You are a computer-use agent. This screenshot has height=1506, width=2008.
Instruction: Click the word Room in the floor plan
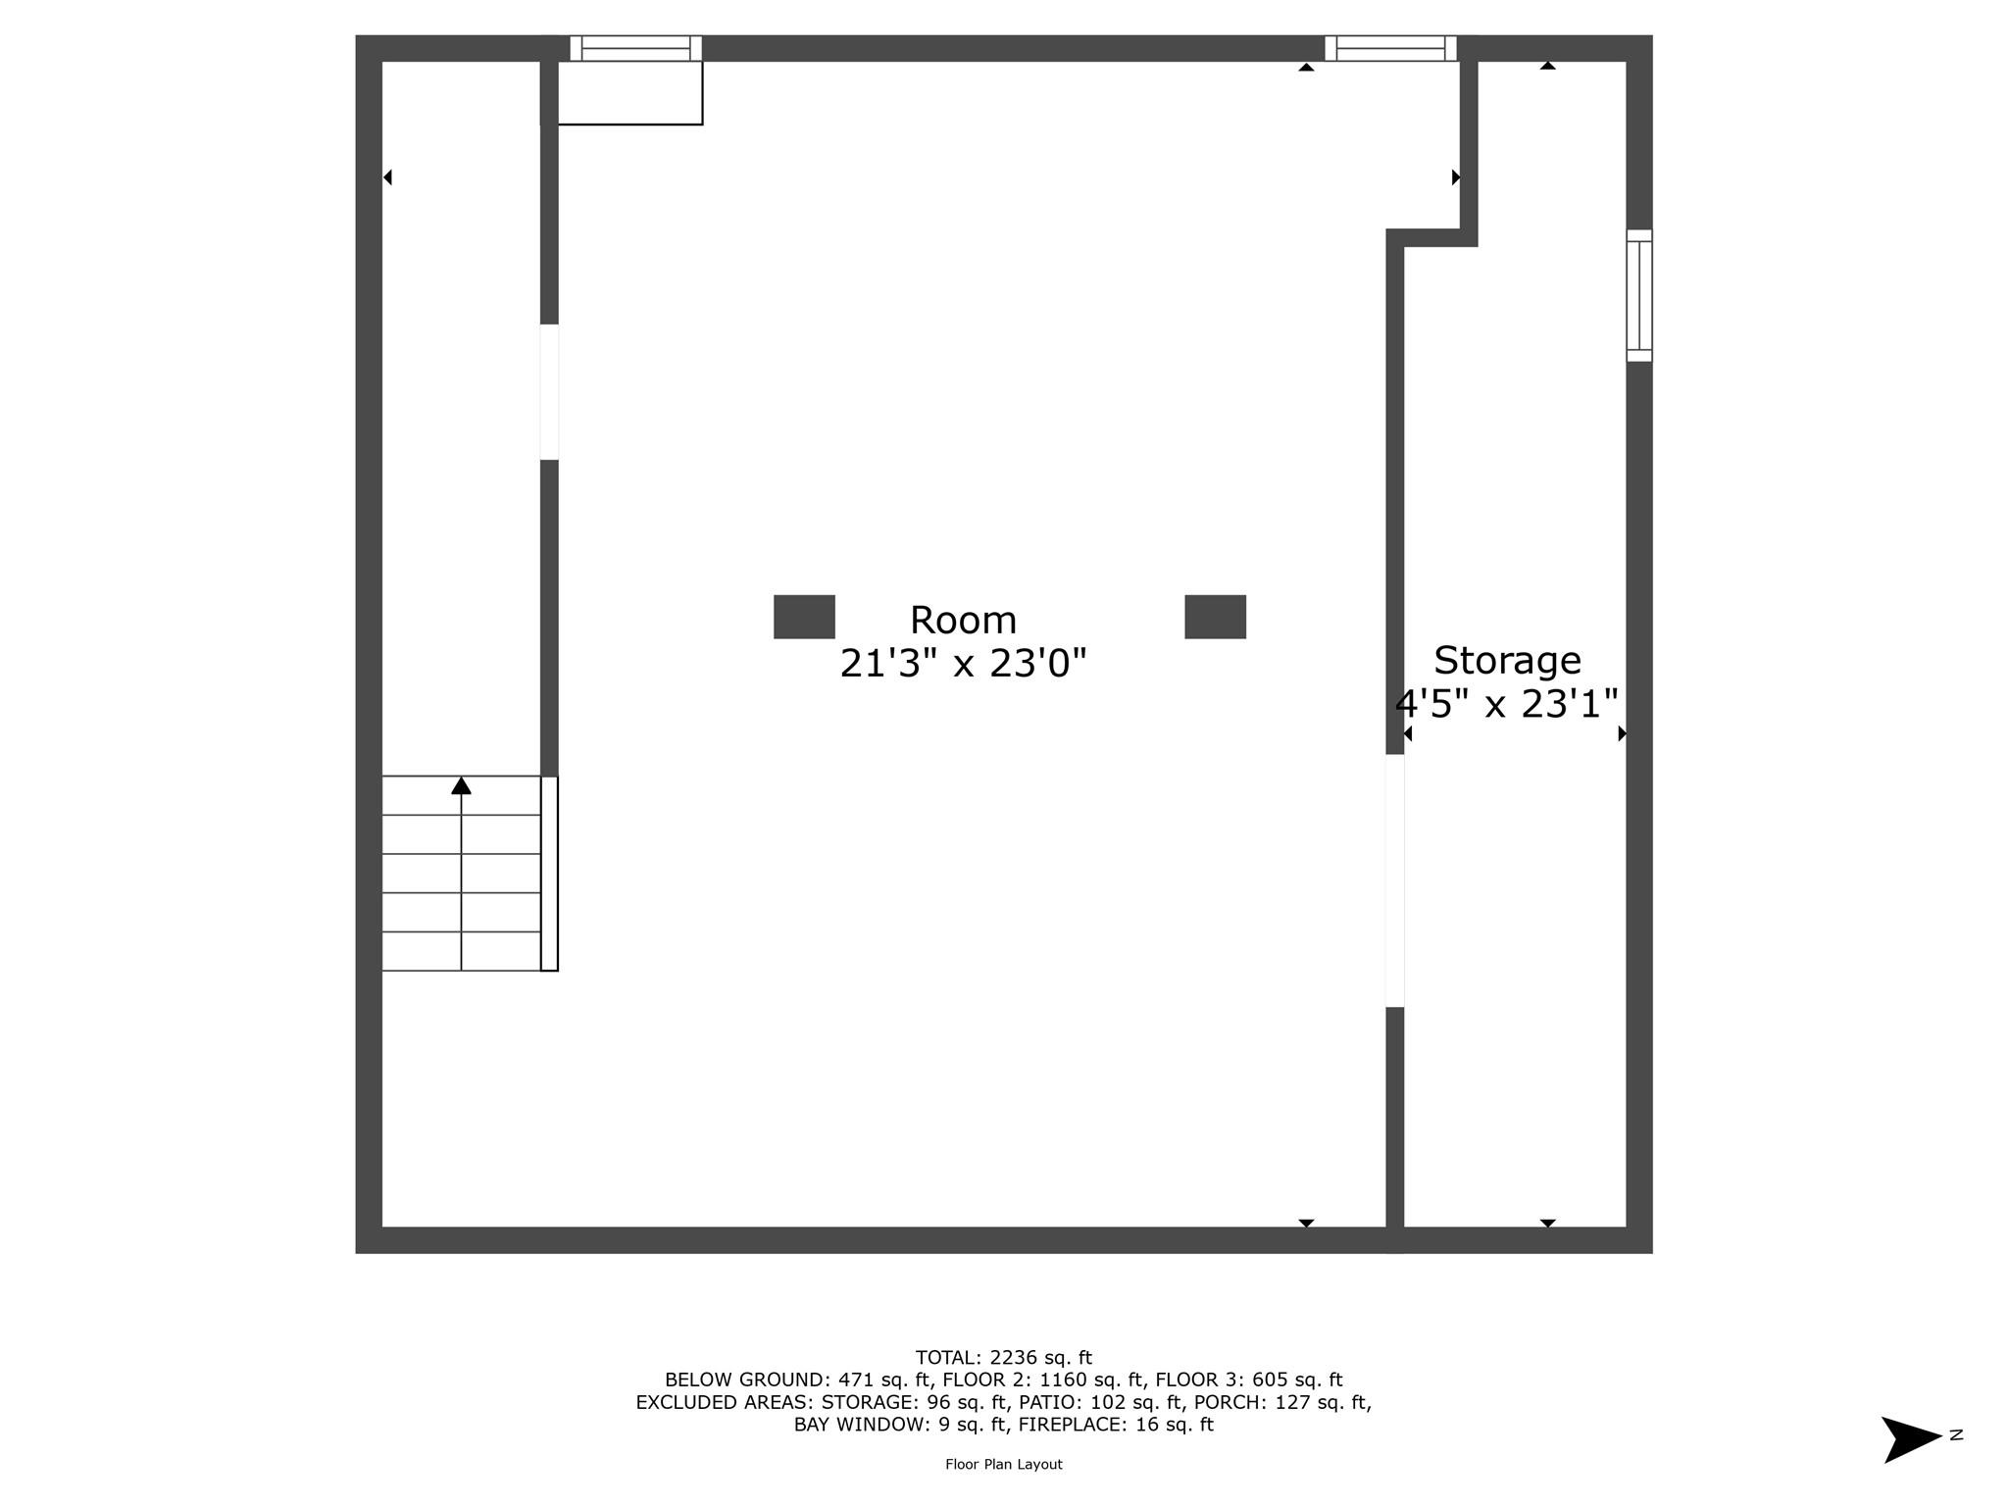point(963,621)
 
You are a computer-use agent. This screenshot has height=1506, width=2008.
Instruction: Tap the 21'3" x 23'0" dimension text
point(963,665)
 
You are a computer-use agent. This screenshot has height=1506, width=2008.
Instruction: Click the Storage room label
point(1507,661)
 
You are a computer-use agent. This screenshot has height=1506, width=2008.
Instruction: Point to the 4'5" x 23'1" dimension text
point(1507,704)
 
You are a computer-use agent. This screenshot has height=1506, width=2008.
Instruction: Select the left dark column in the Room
point(804,617)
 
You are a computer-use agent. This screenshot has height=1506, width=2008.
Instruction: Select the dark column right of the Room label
point(1215,617)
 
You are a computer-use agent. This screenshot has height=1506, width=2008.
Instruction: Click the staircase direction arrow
point(461,786)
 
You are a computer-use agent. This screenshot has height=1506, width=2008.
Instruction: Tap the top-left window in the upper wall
point(635,48)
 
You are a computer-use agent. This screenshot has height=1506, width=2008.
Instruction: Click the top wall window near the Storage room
point(1390,48)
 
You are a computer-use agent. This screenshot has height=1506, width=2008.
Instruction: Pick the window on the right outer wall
point(1639,295)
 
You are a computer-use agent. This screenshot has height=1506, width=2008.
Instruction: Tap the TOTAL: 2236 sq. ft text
point(1003,1358)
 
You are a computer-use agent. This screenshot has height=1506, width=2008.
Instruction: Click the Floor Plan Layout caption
point(1003,1464)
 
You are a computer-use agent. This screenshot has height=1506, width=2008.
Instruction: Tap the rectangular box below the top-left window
point(629,93)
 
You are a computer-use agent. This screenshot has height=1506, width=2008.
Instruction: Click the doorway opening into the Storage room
point(1394,880)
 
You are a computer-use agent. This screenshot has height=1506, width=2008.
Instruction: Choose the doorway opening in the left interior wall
point(549,391)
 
